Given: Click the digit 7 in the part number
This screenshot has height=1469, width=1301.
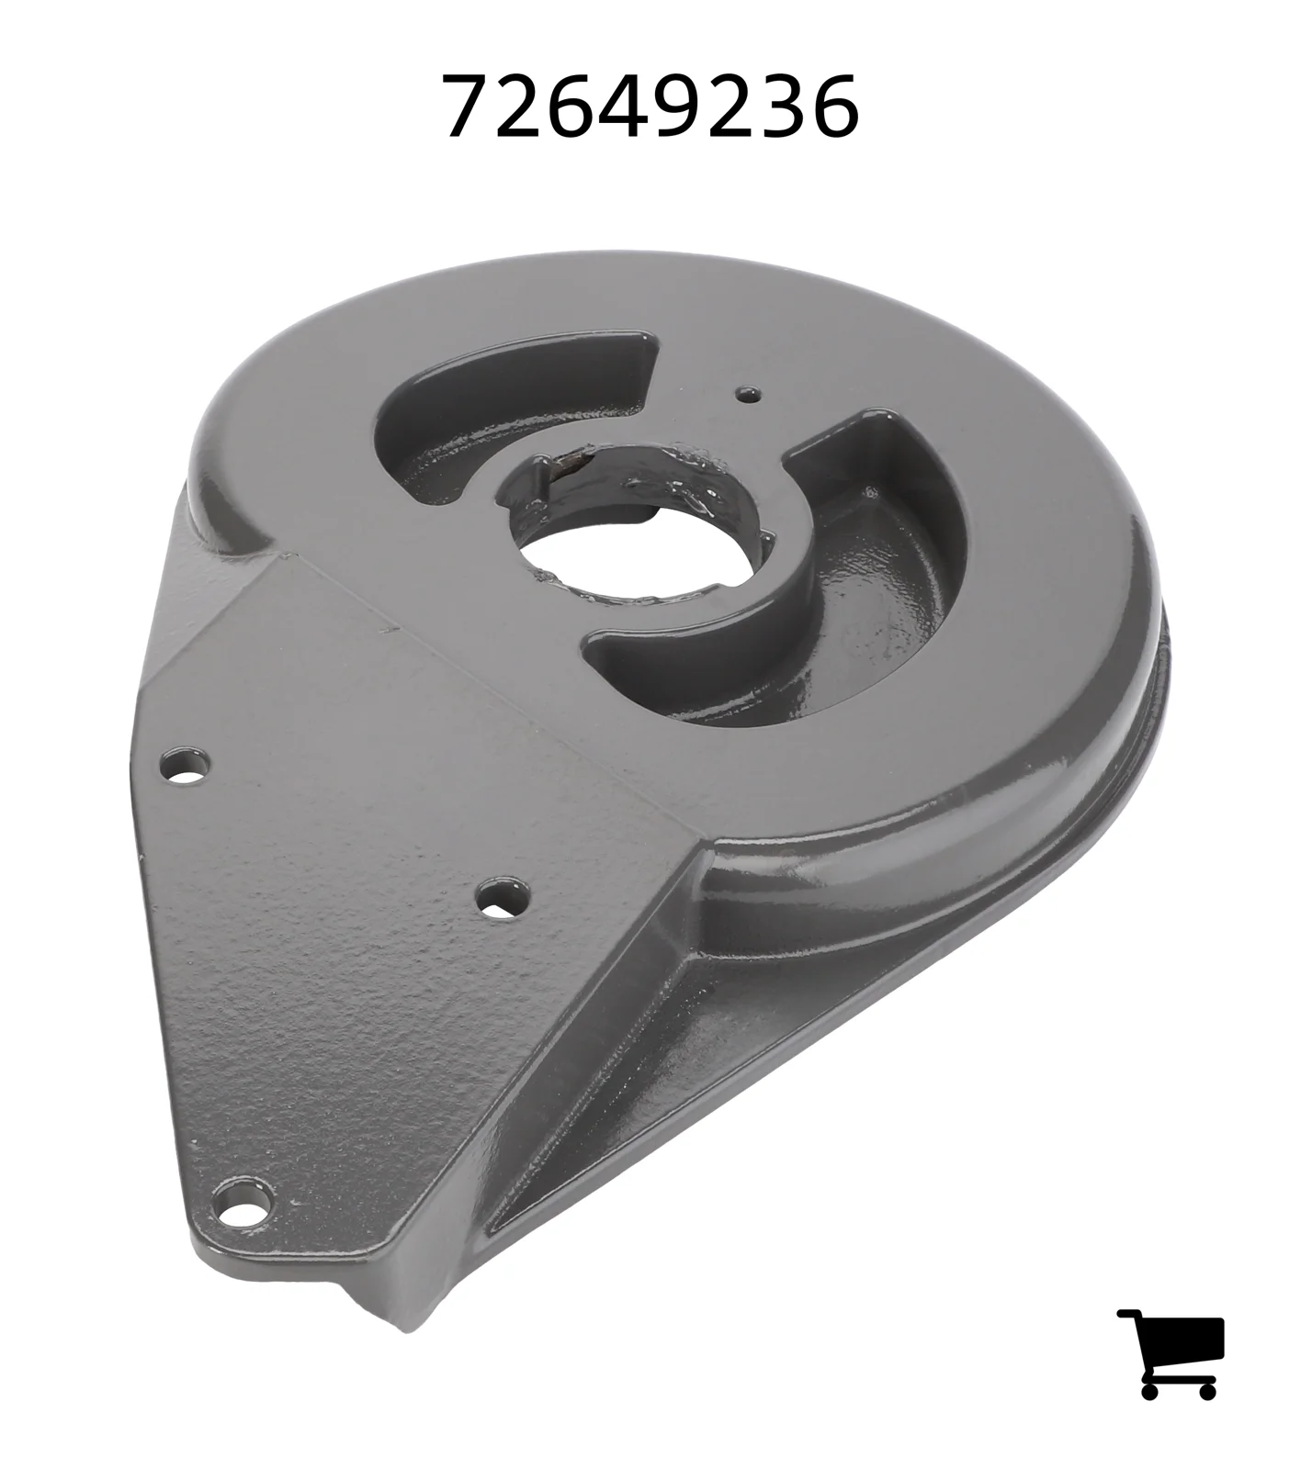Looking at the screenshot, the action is [469, 107].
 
